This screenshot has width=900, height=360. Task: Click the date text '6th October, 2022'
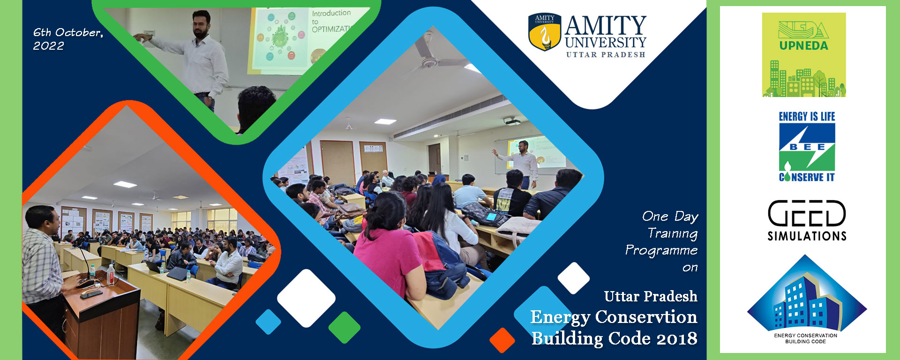pos(68,39)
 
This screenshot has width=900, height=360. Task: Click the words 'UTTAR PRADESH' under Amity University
pos(606,55)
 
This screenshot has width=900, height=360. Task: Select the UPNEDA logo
pos(804,55)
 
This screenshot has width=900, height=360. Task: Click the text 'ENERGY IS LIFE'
pos(807,117)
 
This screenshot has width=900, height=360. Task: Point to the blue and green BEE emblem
pos(807,147)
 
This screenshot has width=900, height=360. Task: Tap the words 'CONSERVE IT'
pos(807,177)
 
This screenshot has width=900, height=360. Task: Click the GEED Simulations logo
pos(807,220)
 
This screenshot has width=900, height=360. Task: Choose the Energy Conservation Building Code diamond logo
pos(806,300)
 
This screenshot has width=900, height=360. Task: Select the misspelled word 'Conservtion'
pos(646,317)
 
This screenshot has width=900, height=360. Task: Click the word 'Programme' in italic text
pos(661,250)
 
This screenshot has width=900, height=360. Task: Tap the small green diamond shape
pos(345,327)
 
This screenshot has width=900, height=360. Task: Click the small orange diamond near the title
pos(502,340)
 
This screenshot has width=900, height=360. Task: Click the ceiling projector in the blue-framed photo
pos(512,122)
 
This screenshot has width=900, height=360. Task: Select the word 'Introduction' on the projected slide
pos(331,13)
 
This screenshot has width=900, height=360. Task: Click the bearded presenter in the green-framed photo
pos(197,59)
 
